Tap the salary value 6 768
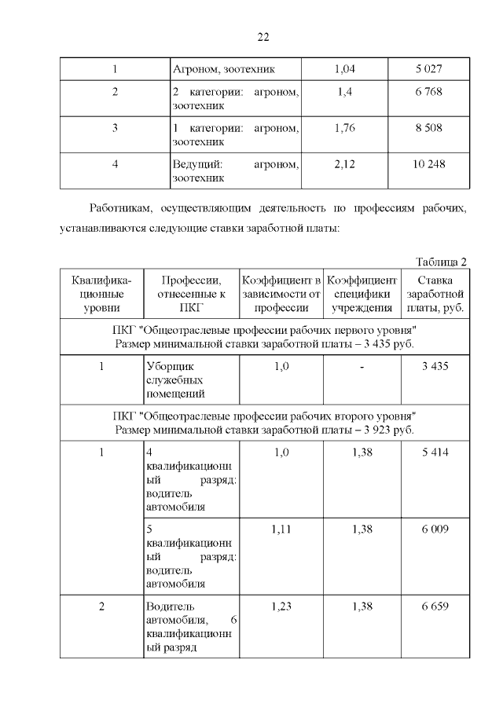point(430,92)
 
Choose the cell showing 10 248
point(430,163)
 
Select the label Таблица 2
point(441,262)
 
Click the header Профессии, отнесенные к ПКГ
point(191,294)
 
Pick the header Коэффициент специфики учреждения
point(362,294)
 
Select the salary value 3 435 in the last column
point(435,365)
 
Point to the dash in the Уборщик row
point(362,365)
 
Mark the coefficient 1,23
point(281,607)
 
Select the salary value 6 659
point(435,607)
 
